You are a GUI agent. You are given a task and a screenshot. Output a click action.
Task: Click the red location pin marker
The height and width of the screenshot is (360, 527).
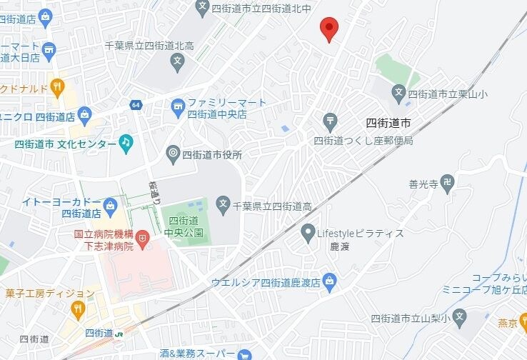328,29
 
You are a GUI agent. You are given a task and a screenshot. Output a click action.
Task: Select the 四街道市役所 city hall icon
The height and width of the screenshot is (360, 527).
173,153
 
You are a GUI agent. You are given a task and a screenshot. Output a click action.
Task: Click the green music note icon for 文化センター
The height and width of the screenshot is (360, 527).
126,143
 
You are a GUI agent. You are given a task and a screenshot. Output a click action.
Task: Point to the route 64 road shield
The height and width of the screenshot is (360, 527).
136,105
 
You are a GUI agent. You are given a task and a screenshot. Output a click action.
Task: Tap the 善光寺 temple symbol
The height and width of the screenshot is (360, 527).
447,184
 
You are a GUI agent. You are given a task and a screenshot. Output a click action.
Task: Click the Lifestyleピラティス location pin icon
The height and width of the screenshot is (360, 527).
308,233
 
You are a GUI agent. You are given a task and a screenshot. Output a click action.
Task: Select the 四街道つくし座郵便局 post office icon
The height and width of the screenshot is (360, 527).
330,120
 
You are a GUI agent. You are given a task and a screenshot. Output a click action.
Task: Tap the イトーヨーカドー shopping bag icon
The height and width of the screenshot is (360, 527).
110,207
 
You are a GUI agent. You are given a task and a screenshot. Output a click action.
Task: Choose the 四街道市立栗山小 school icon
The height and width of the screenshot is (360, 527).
398,92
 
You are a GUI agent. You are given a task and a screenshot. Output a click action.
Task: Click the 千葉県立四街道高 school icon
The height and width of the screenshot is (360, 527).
223,206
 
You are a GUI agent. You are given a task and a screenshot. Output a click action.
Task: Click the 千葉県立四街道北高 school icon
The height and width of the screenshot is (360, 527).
177,61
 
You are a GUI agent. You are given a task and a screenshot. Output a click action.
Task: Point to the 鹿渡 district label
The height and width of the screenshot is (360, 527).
320,247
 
